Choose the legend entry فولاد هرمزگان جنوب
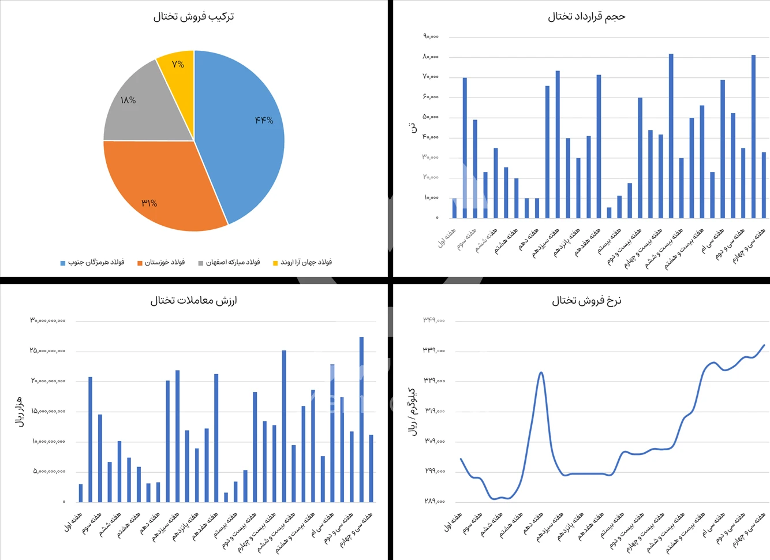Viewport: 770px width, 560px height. [96, 263]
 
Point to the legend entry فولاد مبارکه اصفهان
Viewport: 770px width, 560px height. [233, 263]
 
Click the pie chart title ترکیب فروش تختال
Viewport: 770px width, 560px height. [193, 17]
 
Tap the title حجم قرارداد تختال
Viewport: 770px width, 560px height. [586, 17]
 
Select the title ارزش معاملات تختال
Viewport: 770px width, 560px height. [193, 301]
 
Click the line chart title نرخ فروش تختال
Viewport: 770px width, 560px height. [586, 301]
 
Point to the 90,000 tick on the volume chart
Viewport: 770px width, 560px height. [431, 36]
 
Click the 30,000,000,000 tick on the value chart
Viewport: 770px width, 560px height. [48, 320]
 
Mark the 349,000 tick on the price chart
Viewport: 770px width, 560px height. [433, 320]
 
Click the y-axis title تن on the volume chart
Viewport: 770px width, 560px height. [413, 128]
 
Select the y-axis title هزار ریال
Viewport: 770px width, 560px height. [20, 411]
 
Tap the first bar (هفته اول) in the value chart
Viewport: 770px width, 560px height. [81, 493]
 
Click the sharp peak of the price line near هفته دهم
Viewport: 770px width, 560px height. [541, 372]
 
